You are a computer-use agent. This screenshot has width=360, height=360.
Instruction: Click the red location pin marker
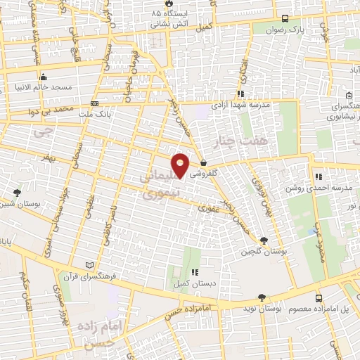tap(181, 166)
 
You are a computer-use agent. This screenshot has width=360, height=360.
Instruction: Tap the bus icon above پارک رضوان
tap(284, 18)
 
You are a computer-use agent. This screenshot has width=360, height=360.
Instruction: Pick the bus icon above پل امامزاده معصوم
tap(319, 298)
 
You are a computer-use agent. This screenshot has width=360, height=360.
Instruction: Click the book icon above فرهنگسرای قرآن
tap(89, 264)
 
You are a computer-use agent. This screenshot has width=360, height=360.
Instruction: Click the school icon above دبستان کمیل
tap(195, 272)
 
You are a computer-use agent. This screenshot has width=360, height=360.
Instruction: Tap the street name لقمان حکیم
tap(24, 289)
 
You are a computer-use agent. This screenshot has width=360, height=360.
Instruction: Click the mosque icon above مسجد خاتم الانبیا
tap(44, 77)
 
